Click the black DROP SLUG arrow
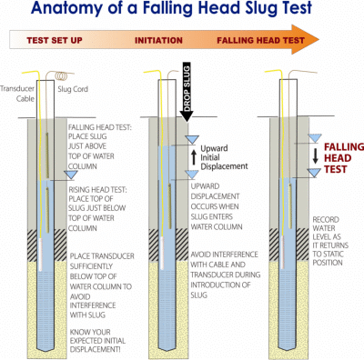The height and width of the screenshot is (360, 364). pos(187,92)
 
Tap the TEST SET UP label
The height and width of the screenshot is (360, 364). pos(55,41)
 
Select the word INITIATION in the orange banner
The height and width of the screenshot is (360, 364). pos(158,41)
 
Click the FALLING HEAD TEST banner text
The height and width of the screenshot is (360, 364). pos(260,41)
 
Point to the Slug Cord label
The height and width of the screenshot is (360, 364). pos(73,89)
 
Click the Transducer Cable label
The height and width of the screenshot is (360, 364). pos(17,94)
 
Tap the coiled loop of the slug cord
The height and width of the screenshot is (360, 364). pos(61,75)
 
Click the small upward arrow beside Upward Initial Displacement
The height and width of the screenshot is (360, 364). pos(194,157)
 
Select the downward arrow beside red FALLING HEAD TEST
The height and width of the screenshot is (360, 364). pos(316,155)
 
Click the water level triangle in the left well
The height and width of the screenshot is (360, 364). pos(71,175)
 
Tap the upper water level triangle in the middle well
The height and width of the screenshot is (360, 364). pos(192,139)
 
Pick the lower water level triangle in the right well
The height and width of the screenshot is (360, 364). pos(314,172)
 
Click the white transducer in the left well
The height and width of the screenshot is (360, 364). pos(41,255)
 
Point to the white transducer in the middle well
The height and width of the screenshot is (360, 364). pos(162,253)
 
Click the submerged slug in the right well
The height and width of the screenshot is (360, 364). pos(290,205)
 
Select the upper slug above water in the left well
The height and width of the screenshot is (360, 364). pos(47,155)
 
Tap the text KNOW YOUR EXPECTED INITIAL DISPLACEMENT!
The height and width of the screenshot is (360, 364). pos(97,341)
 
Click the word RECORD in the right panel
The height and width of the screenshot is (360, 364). pos(326,220)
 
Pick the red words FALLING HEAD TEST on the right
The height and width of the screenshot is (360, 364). pos(344,158)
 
